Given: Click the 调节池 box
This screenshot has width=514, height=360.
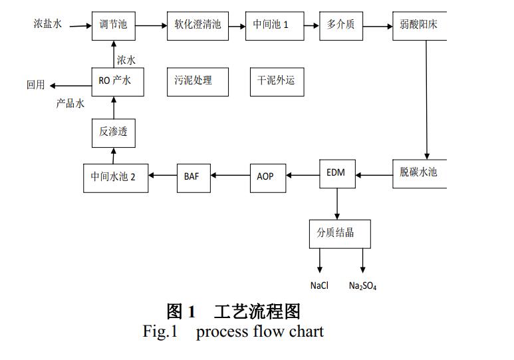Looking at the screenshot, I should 109,26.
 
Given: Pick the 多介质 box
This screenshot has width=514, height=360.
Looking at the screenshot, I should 340,26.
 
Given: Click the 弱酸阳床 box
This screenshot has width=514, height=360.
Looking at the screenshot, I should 420,26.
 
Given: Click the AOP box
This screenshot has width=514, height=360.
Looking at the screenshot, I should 265,176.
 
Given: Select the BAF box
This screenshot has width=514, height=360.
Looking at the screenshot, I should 192,176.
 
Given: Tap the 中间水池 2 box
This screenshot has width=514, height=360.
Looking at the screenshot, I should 113,177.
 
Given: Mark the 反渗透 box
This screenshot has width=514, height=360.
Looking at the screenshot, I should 112,132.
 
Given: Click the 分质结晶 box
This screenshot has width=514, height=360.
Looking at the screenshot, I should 340,234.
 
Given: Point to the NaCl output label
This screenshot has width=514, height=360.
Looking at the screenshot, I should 319,285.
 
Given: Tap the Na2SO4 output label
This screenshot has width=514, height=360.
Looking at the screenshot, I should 362,285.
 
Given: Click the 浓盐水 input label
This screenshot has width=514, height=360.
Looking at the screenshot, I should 48,24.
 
